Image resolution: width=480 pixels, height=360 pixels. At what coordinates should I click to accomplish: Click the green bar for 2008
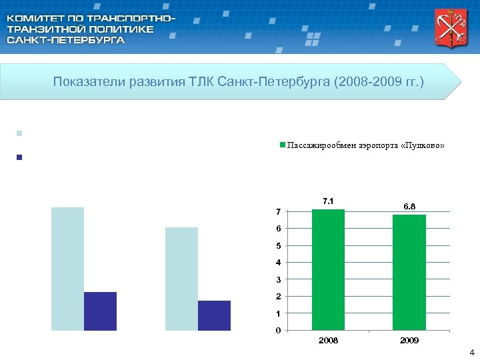[328, 269]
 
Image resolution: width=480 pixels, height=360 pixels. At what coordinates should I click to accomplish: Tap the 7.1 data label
[328, 201]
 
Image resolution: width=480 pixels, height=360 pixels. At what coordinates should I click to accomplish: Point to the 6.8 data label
[409, 207]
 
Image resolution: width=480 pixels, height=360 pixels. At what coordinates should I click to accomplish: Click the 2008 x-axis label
[328, 341]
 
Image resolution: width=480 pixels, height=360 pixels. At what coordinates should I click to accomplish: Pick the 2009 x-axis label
[409, 341]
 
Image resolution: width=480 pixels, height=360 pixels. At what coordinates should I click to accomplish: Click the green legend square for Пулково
[283, 145]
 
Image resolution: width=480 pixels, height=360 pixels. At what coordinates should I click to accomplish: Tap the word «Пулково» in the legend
[421, 145]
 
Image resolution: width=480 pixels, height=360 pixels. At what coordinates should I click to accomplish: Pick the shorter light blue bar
[181, 279]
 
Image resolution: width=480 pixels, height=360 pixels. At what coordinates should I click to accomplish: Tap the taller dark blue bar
[100, 311]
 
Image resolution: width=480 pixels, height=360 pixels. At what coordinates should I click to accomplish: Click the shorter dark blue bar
[214, 315]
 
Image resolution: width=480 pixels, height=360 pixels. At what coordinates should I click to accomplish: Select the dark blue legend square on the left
[19, 158]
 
